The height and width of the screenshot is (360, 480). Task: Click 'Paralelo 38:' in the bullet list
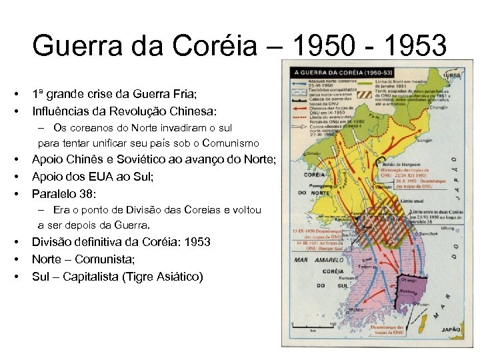coord(64,194)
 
